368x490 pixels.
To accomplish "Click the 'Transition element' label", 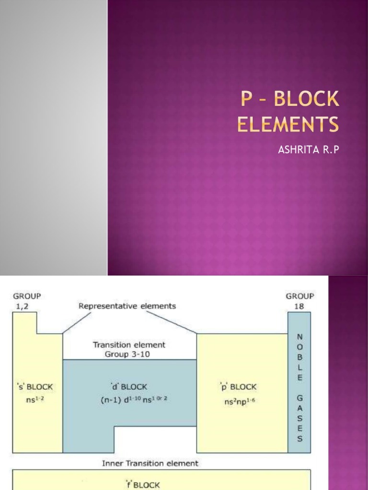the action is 129,345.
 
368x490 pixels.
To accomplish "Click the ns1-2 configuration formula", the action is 35,399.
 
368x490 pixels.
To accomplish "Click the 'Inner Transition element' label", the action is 150,463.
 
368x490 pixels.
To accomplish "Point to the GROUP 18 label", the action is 299,300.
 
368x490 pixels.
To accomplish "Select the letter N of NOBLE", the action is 299,336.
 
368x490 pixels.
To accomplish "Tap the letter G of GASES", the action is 299,397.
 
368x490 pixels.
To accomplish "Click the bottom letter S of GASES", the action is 299,438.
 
